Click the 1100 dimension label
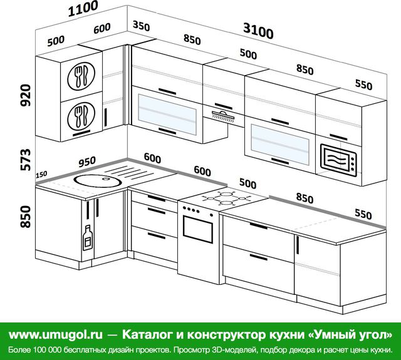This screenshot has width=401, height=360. click(83, 9)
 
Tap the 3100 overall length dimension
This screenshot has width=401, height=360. click(258, 31)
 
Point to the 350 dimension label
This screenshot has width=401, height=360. click(141, 26)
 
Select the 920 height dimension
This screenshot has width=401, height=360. click(26, 95)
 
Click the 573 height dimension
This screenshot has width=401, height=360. click(26, 160)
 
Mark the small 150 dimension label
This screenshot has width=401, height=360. click(41, 175)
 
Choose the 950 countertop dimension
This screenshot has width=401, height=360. click(87, 162)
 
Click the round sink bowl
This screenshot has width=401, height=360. click(98, 181)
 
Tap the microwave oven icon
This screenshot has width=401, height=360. click(338, 160)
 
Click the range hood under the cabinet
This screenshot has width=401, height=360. click(223, 116)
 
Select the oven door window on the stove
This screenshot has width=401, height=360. click(198, 229)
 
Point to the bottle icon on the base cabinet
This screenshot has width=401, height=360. click(88, 238)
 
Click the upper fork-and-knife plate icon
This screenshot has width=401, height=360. click(81, 76)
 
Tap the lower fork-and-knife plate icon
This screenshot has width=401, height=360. click(81, 116)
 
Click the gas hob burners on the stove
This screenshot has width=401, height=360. click(226, 198)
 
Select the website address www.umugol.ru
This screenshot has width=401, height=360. click(56, 334)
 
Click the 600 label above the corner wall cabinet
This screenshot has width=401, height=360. click(102, 28)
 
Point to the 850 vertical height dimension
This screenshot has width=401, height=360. click(26, 217)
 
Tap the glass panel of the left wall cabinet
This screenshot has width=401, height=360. click(167, 114)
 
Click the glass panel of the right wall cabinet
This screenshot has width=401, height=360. click(280, 145)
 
